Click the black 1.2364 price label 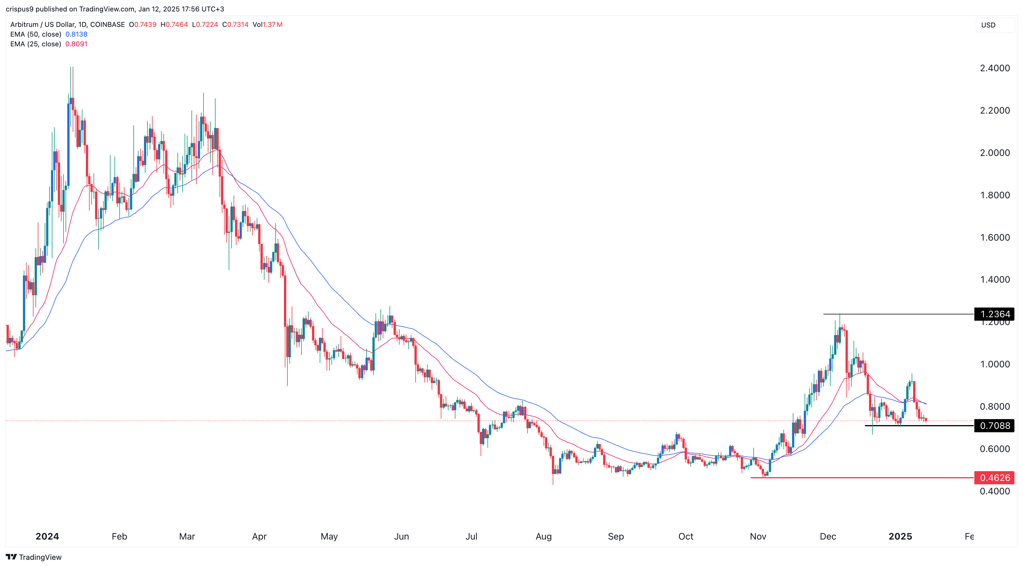pos(994,314)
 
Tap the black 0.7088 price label pos(994,426)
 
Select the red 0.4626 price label pos(994,478)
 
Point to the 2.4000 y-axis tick pos(994,68)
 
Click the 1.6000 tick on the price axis pos(994,237)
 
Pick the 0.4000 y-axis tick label pos(994,491)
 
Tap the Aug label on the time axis pos(543,536)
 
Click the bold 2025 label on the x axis pos(900,536)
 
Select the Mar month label pos(187,536)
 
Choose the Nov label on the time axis pos(758,536)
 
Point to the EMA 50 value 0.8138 pos(76,34)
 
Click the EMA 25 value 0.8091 pos(76,44)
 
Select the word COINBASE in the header pos(107,25)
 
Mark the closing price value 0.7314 pos(238,25)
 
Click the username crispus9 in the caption pos(19,9)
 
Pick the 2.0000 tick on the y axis pos(994,153)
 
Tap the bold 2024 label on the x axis pos(47,536)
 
